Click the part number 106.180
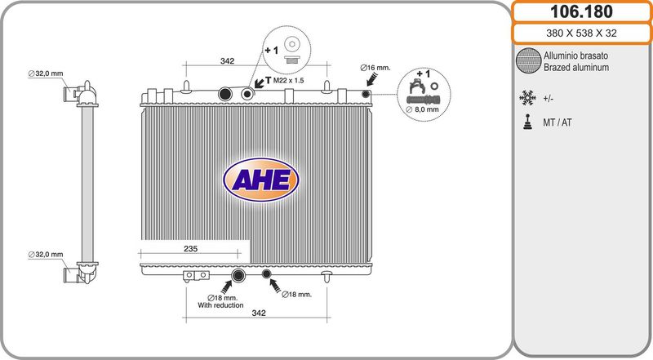pos(581,11)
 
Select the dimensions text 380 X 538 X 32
pos(581,33)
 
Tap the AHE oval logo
pos(261,180)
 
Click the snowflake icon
pos(527,98)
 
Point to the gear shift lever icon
pos(527,122)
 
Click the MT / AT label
pos(557,122)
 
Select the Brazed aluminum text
pos(576,68)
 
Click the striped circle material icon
pos(528,61)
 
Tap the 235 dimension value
pos(190,249)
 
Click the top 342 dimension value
pos(227,61)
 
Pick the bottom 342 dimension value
pos(259,313)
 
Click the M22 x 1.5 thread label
pos(289,81)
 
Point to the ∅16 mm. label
pos(375,68)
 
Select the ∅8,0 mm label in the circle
pos(422,109)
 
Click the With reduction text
pos(220,305)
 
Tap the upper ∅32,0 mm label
pos(46,73)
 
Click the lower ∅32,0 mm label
pos(46,255)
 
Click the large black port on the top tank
pos(225,94)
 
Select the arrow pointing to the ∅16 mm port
pos(372,78)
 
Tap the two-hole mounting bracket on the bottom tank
pos(196,275)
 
